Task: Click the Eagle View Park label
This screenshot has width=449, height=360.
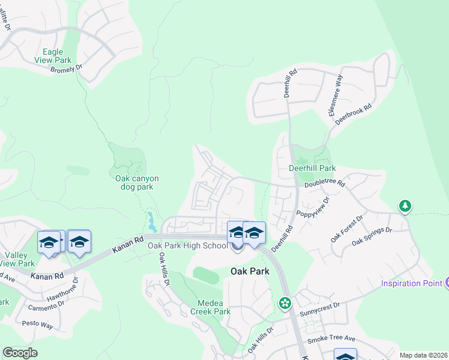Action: (54, 56)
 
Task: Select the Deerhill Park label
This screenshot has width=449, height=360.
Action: (312, 169)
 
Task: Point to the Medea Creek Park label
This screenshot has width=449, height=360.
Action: (210, 307)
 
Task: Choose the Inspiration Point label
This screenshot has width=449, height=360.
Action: (411, 283)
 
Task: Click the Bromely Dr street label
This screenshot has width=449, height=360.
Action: (65, 70)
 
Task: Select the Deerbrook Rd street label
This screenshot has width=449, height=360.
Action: (354, 112)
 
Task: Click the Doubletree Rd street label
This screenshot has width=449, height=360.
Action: (325, 182)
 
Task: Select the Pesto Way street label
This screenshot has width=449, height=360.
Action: (38, 325)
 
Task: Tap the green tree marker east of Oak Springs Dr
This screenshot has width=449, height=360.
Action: (405, 207)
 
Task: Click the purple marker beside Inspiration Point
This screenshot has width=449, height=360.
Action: (446, 283)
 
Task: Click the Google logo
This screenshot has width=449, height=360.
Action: (20, 353)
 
